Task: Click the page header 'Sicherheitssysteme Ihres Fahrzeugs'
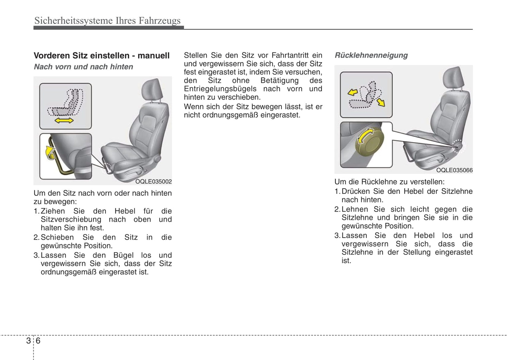107,21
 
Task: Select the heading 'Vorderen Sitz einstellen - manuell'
101,55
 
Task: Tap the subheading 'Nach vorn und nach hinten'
83,67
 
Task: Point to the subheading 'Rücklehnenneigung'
371,55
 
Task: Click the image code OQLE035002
153,181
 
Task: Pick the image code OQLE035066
454,170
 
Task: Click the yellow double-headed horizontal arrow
64,120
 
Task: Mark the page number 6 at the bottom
38,340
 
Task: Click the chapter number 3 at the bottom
28,340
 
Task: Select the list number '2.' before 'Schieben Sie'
36,237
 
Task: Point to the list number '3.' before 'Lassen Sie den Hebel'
337,235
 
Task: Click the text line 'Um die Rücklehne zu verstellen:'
389,182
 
